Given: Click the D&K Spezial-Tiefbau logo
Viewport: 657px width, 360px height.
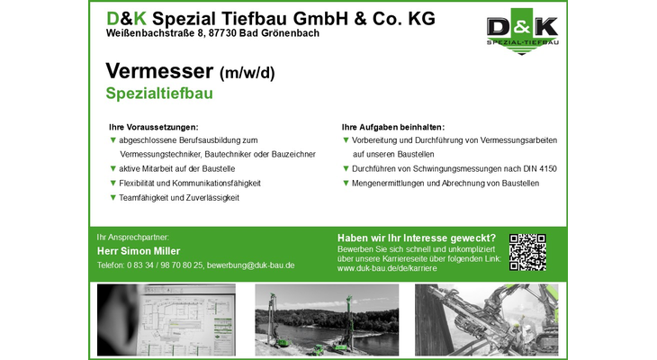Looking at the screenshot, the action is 522,31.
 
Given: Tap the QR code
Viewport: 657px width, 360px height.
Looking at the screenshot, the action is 527,252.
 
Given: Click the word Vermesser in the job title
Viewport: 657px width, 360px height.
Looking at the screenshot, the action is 159,71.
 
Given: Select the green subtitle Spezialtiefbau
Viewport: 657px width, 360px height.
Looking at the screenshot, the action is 159,94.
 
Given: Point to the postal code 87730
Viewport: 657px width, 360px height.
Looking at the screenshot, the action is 222,33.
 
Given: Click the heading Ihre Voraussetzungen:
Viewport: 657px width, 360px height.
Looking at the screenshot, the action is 153,127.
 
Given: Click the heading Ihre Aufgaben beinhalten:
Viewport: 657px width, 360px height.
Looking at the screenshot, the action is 393,127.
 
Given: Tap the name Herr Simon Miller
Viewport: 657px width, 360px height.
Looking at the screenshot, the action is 139,251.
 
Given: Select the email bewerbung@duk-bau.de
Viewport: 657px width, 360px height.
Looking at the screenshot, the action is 250,265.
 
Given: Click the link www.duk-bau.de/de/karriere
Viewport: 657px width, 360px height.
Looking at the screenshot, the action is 387,268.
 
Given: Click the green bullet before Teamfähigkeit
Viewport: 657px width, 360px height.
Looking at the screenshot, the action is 112,197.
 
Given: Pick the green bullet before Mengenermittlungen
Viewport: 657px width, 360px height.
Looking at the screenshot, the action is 346,183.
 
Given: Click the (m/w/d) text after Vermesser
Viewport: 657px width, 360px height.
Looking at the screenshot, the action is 247,73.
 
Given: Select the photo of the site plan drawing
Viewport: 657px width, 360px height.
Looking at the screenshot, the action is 166,319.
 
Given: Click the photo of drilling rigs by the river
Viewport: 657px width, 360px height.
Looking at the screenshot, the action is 327,319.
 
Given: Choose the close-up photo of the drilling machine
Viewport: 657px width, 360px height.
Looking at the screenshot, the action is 487,319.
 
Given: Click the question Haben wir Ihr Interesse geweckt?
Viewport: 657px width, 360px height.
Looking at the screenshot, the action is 417,238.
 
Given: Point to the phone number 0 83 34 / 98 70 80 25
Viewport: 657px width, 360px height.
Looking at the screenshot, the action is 165,265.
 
